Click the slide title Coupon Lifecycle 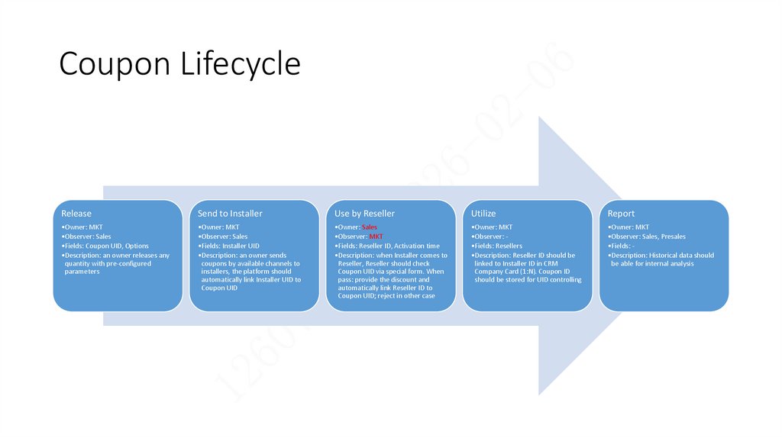click(x=179, y=64)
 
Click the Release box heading click(x=76, y=214)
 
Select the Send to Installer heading click(x=229, y=214)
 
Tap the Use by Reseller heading click(x=364, y=214)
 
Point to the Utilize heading click(x=483, y=214)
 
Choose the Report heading click(x=621, y=214)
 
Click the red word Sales click(x=370, y=227)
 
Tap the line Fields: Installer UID click(x=228, y=246)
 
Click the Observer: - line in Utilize click(x=490, y=237)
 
